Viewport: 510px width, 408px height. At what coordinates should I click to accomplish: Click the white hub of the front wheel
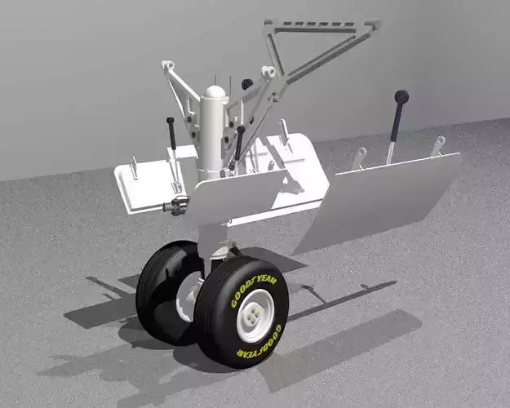(x=255, y=315)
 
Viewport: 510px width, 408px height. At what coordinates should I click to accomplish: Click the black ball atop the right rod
(x=401, y=97)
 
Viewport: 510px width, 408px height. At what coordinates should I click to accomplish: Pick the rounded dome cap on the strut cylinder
(x=214, y=91)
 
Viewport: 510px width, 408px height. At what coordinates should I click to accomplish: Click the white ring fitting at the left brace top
(x=168, y=64)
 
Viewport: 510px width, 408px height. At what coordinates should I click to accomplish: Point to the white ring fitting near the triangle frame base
(x=267, y=72)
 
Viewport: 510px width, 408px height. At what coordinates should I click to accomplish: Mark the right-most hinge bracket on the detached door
(x=438, y=145)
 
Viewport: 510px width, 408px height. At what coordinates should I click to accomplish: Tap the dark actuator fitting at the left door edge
(x=175, y=205)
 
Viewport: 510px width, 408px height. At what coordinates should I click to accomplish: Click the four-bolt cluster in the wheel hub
(x=255, y=315)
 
